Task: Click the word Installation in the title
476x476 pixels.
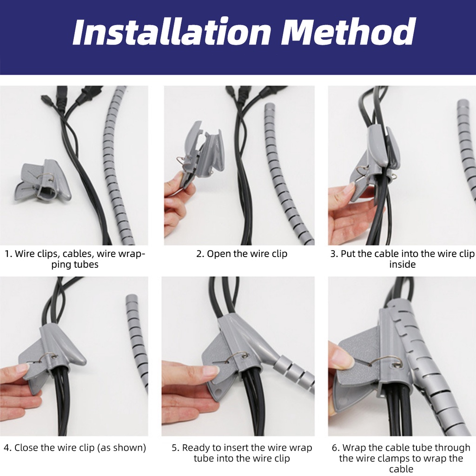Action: pyautogui.click(x=172, y=32)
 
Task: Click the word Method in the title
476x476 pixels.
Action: pyautogui.click(x=349, y=32)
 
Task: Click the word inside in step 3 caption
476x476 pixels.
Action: pyautogui.click(x=402, y=264)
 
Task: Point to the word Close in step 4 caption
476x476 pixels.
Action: pyautogui.click(x=27, y=448)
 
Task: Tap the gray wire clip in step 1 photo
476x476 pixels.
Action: pyautogui.click(x=43, y=181)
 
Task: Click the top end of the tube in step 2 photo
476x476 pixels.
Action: pyautogui.click(x=270, y=106)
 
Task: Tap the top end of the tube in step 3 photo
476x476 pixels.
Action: pyautogui.click(x=463, y=102)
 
